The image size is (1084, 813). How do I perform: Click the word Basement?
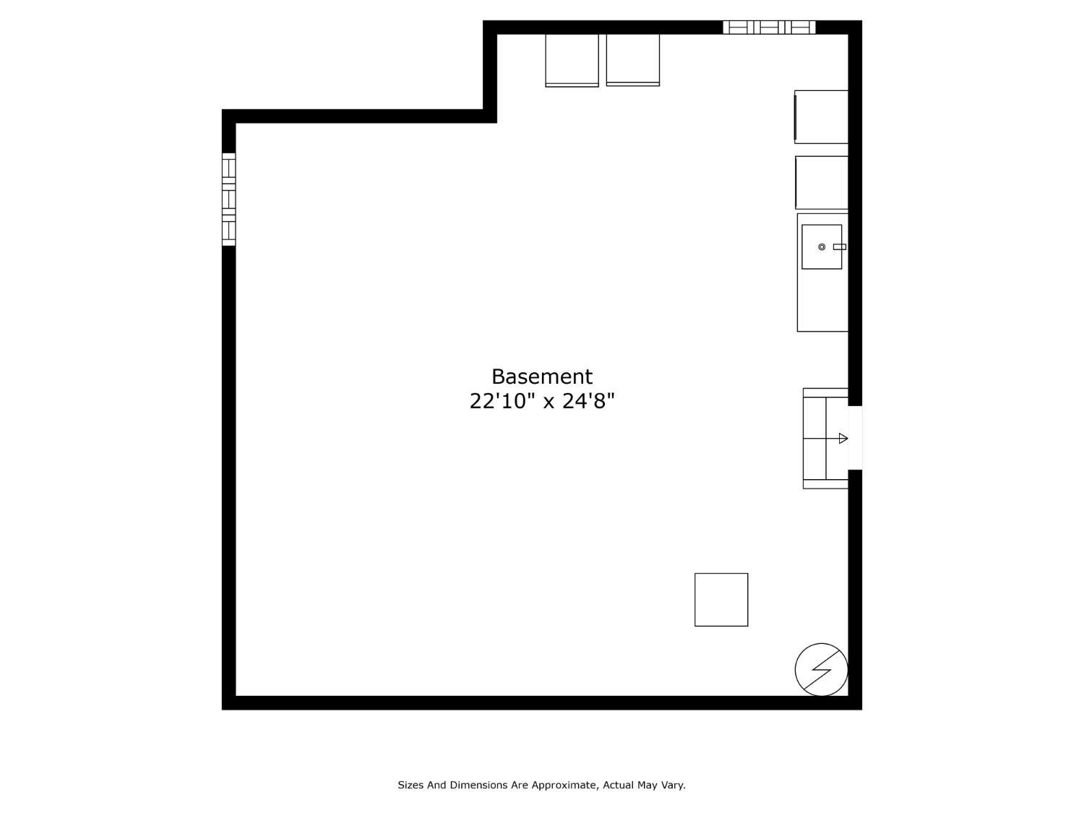[542, 377]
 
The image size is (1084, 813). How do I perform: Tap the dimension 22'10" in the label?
[502, 401]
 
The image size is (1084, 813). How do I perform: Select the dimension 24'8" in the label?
[588, 401]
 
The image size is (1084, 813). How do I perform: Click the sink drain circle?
[822, 247]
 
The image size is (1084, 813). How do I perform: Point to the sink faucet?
[840, 247]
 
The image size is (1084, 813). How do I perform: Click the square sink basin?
[822, 247]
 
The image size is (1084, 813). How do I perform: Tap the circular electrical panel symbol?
[821, 669]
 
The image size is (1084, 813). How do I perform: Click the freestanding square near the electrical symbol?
[721, 600]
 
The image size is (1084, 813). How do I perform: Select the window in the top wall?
[769, 27]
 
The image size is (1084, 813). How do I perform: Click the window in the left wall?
[228, 199]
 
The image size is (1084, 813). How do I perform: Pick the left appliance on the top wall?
[572, 60]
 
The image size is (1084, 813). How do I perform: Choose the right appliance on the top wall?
[632, 60]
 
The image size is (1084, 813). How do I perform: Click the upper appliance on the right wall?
[821, 117]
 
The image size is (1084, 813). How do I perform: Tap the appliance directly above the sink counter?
[821, 183]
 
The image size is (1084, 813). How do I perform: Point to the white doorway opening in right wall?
[855, 437]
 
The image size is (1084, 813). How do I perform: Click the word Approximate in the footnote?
[564, 784]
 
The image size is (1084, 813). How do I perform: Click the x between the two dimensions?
[549, 403]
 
